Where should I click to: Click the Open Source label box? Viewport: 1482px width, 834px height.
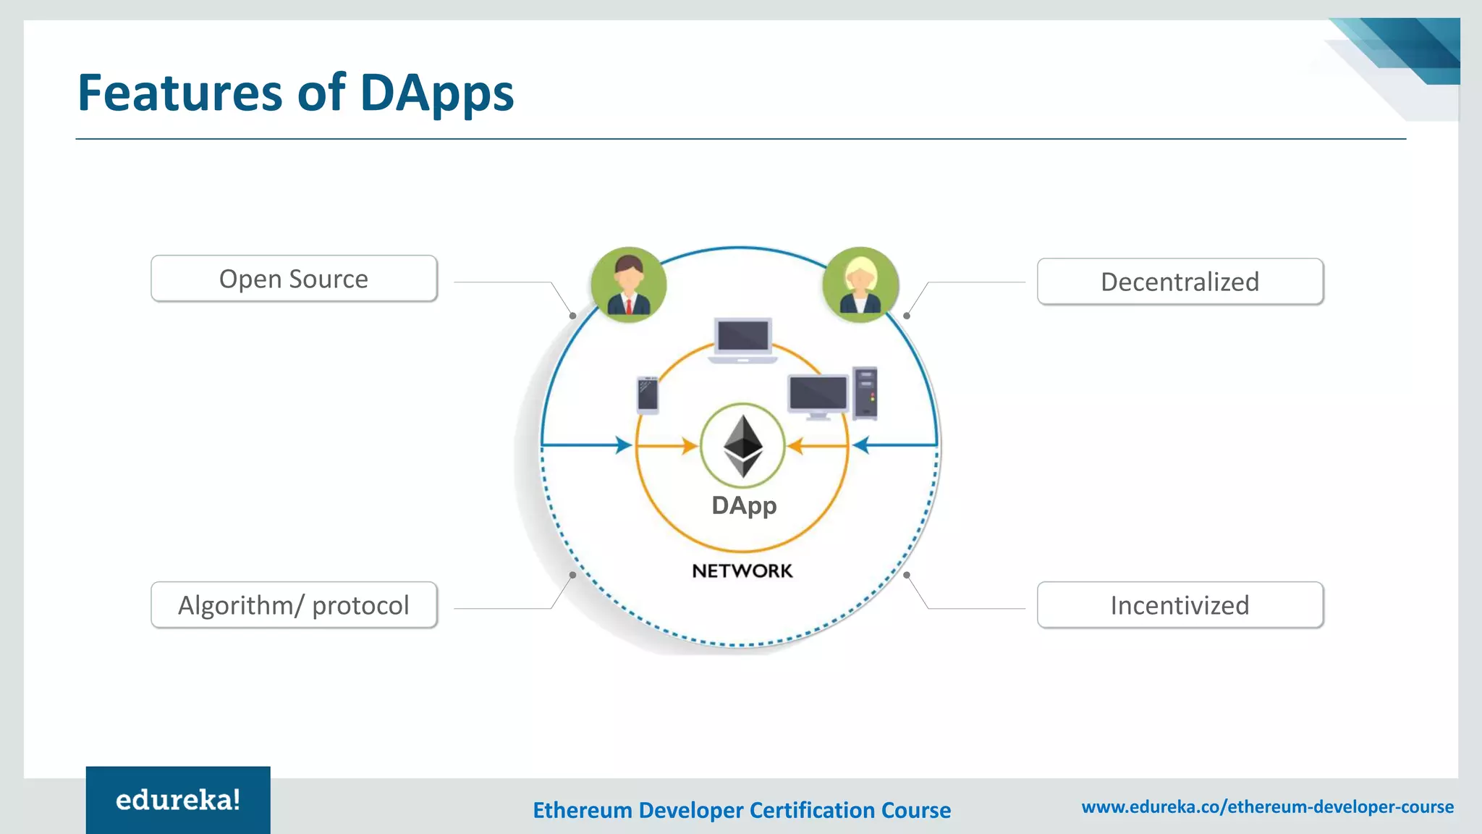(x=294, y=279)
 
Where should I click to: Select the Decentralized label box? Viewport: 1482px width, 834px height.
(x=1180, y=282)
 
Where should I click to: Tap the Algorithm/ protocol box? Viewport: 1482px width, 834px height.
(x=294, y=605)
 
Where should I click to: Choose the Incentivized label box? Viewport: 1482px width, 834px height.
(x=1180, y=605)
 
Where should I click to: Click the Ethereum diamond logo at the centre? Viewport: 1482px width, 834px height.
(x=743, y=445)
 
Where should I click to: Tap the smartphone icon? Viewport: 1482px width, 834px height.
(x=648, y=395)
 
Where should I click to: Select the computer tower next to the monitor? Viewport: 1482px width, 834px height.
(x=865, y=393)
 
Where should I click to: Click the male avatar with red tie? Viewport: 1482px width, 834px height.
(x=628, y=285)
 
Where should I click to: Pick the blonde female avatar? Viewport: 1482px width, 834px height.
(x=860, y=285)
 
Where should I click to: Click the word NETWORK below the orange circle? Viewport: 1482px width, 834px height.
(x=742, y=571)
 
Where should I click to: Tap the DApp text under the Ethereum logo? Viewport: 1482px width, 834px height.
(x=744, y=505)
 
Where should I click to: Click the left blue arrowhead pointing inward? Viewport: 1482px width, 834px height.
(x=624, y=445)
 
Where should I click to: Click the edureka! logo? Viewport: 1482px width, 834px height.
(x=178, y=800)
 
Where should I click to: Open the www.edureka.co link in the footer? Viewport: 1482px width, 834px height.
(x=1267, y=806)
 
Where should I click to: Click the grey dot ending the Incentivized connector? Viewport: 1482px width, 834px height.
(x=907, y=575)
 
